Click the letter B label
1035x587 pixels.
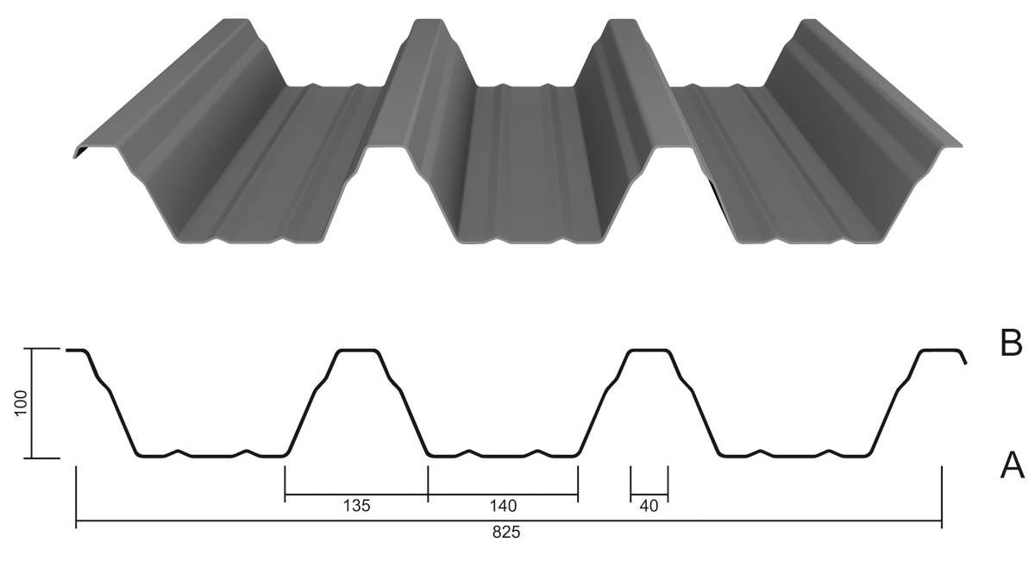1011,343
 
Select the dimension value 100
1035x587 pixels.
22,403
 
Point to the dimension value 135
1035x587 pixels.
357,506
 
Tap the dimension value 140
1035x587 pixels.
503,506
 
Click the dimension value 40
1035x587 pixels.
649,506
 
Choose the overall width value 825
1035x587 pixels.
506,533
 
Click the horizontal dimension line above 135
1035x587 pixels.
356,495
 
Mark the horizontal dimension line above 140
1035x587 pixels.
503,495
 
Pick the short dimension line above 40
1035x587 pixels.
649,495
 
